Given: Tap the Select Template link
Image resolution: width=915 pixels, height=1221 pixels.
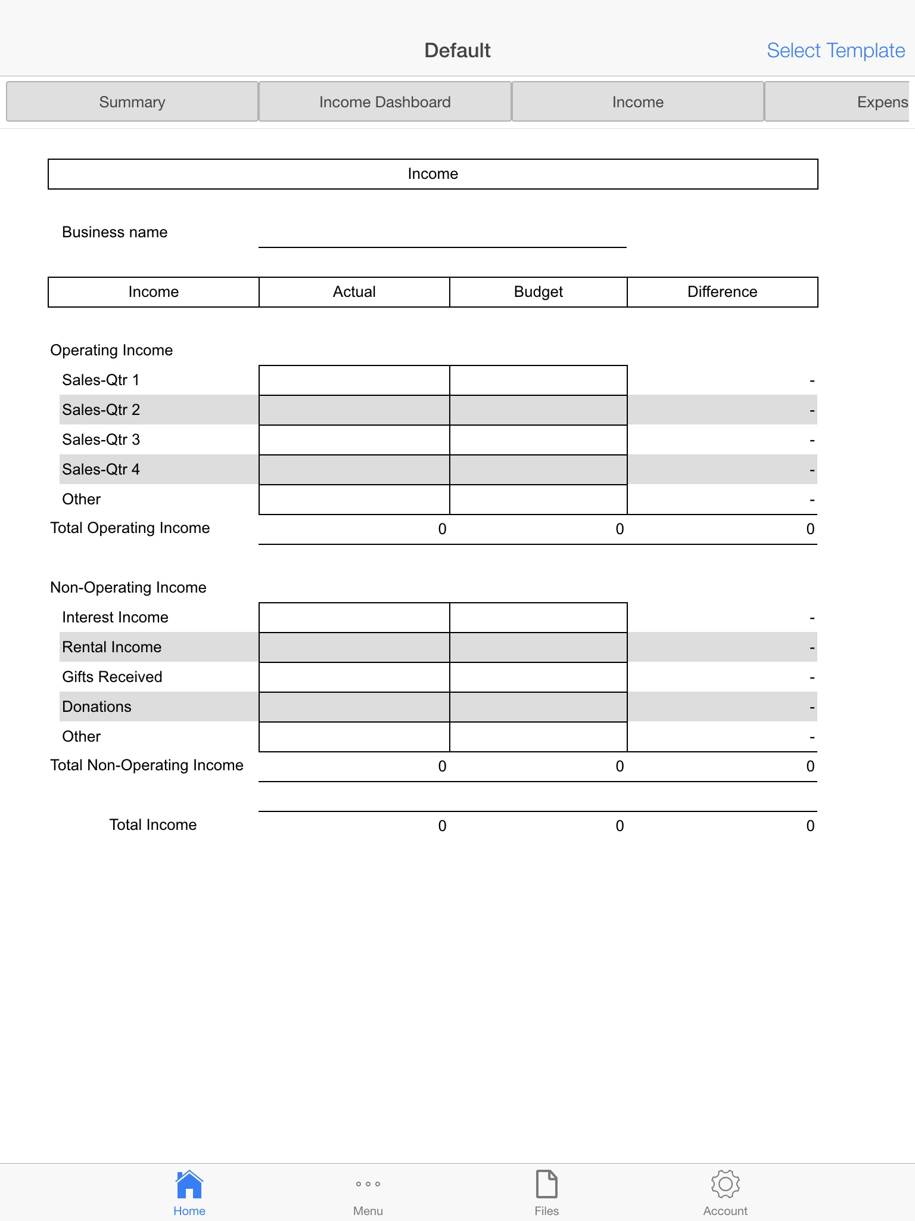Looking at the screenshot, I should (x=835, y=51).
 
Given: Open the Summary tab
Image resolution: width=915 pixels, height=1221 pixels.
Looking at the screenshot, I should (x=132, y=102).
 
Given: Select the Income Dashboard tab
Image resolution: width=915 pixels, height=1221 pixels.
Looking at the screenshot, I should (x=385, y=102).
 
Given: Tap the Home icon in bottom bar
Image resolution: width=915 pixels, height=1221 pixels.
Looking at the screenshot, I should (x=189, y=1185).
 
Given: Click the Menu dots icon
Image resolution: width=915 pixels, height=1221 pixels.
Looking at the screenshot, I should (x=368, y=1184).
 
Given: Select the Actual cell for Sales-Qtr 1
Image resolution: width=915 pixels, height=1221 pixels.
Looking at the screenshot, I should (x=354, y=380).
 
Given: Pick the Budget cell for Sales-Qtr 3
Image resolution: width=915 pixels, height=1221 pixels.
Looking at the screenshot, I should (x=539, y=440).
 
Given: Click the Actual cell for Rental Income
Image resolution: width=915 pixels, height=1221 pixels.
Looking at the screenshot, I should (x=354, y=647).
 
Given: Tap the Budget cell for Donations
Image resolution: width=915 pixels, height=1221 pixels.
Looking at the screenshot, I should (x=539, y=707).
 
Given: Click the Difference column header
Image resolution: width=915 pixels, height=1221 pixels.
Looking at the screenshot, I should (x=722, y=292).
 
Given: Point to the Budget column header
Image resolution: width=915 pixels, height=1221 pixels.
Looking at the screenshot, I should (x=539, y=292).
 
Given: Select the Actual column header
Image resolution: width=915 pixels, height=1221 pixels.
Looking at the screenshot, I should (x=354, y=292).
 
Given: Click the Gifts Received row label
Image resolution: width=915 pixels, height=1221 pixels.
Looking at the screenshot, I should (x=112, y=677).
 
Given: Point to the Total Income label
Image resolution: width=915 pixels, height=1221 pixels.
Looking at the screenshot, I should (x=153, y=825).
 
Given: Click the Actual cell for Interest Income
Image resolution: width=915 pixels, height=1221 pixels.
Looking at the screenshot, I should (x=354, y=618).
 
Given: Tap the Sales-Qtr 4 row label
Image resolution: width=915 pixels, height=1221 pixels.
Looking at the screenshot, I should (x=101, y=470).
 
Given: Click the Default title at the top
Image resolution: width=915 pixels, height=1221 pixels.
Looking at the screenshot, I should (x=457, y=51).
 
